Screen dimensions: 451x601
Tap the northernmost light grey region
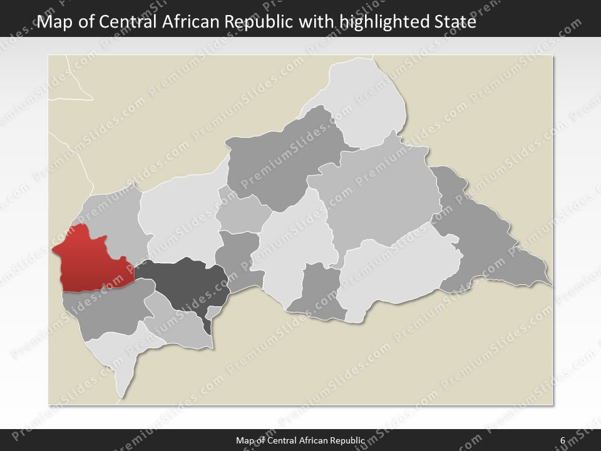tap(366, 94)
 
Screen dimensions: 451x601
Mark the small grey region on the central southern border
tap(319, 291)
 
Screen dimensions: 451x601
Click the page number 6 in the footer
tap(563, 440)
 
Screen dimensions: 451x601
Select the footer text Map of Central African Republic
tap(300, 440)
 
